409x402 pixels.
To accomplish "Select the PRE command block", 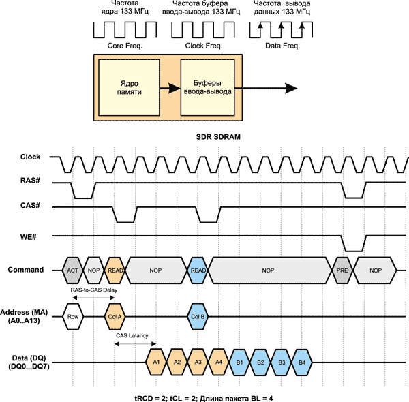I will point(342,270).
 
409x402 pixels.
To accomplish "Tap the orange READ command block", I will point(115,270).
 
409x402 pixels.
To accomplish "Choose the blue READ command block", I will point(198,270).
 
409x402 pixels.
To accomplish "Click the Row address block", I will point(73,316).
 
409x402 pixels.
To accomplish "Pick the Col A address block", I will point(115,316).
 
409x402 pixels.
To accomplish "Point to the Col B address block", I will point(198,316).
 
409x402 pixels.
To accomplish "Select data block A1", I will point(156,361).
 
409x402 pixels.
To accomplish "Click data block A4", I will point(218,361).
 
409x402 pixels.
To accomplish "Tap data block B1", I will point(239,361).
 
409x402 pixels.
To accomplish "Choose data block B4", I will point(301,361).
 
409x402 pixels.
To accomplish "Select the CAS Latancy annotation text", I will point(132,335).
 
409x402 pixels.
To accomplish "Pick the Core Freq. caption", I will point(123,46).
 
